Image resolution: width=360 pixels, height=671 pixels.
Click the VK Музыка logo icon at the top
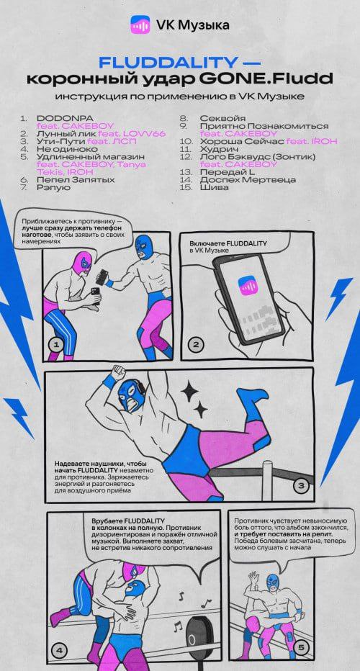[x=140, y=24]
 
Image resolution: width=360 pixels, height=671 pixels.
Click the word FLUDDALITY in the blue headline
[x=167, y=63]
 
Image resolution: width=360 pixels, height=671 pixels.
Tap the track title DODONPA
[x=65, y=117]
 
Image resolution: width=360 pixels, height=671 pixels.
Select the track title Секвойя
[x=222, y=117]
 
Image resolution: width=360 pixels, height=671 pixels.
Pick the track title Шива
[x=214, y=187]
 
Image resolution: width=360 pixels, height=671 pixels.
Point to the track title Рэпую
[x=53, y=187]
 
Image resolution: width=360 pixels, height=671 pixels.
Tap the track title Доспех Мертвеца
[x=248, y=180]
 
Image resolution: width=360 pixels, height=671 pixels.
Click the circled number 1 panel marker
[x=56, y=343]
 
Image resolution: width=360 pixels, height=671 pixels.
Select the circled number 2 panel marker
[x=196, y=343]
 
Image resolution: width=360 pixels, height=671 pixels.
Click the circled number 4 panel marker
[x=59, y=651]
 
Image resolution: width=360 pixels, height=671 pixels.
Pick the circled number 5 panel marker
[x=300, y=648]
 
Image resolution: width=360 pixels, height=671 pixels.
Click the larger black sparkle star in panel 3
[x=190, y=389]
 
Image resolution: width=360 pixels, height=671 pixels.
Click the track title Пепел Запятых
[x=76, y=180]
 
